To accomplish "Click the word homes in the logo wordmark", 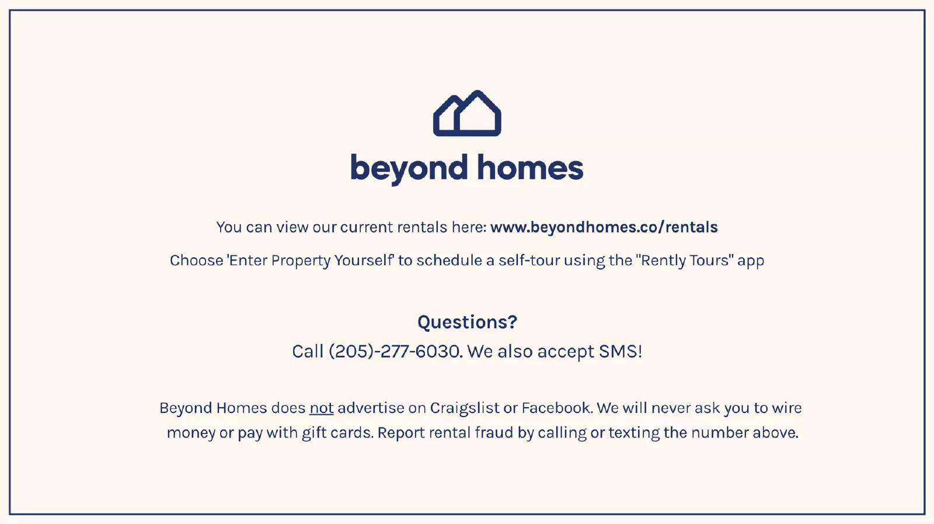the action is click(x=530, y=167).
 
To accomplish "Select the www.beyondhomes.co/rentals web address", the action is click(x=604, y=227).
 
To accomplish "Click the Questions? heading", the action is click(x=467, y=322).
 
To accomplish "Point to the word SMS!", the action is click(x=621, y=351).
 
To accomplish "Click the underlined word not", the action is click(x=322, y=408).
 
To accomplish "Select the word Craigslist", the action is click(x=464, y=408).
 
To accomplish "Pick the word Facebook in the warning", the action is click(x=556, y=408).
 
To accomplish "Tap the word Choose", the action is click(x=196, y=261).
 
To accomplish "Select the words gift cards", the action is click(x=337, y=433).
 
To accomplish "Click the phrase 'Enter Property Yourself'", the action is click(x=310, y=261).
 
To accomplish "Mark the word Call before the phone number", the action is click(x=308, y=351).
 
